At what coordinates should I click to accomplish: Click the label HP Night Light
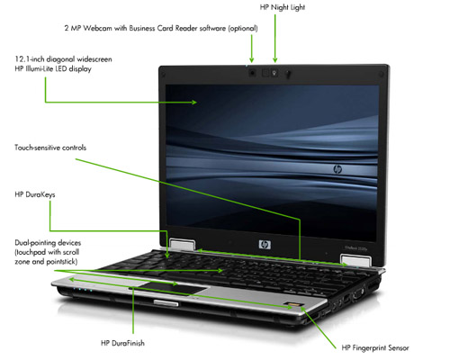(283, 7)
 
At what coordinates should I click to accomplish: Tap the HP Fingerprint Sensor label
(375, 347)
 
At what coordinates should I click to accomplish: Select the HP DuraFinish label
(122, 343)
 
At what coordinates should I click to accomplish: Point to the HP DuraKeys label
(35, 194)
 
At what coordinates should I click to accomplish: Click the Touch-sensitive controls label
(50, 148)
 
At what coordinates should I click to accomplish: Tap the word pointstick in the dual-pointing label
(60, 262)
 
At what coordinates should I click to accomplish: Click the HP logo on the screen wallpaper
(337, 169)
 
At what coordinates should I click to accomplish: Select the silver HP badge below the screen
(265, 245)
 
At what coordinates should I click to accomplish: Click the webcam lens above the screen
(252, 73)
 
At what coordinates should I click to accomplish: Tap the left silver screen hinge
(183, 244)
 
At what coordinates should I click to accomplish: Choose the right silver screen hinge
(356, 260)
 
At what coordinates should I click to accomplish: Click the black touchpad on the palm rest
(173, 288)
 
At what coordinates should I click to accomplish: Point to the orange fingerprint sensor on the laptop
(291, 305)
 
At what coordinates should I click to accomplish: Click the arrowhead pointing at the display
(194, 103)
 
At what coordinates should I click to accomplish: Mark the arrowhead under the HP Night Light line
(275, 60)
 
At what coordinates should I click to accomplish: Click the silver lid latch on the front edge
(166, 303)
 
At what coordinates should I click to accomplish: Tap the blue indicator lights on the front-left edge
(83, 290)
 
